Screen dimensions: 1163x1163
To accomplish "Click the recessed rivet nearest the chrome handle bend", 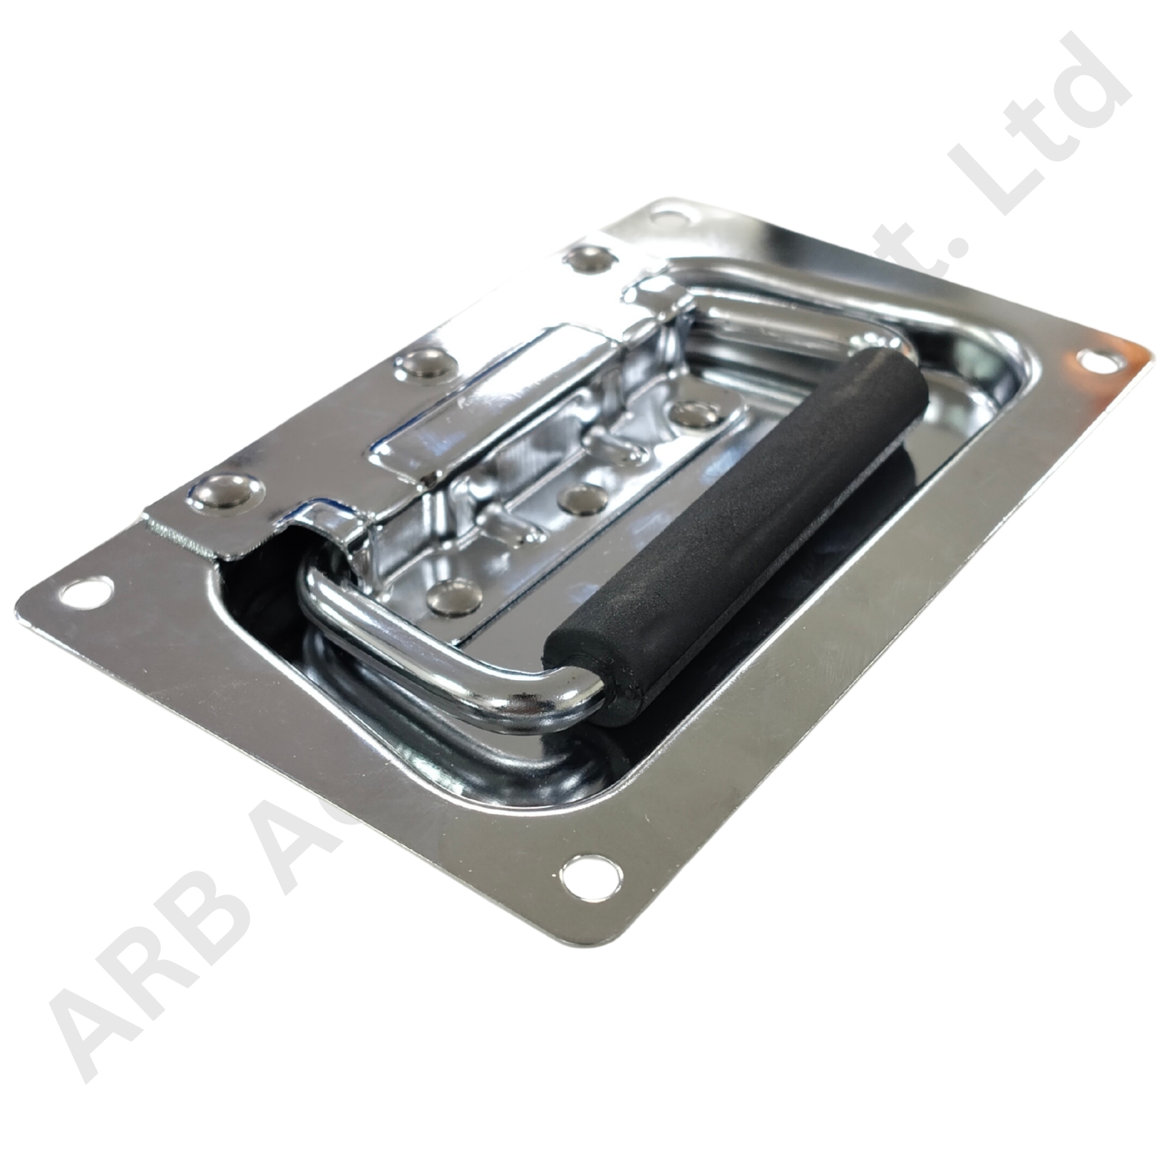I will [x=456, y=596].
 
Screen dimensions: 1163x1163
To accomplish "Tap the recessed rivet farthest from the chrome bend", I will [x=696, y=414].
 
